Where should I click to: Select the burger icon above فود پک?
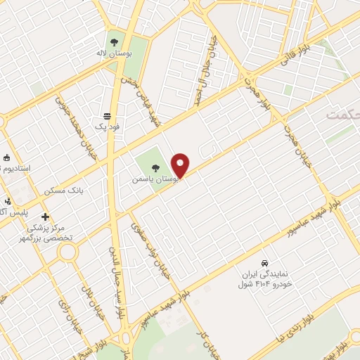(107, 115)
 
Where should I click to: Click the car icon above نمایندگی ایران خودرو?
(264, 259)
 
